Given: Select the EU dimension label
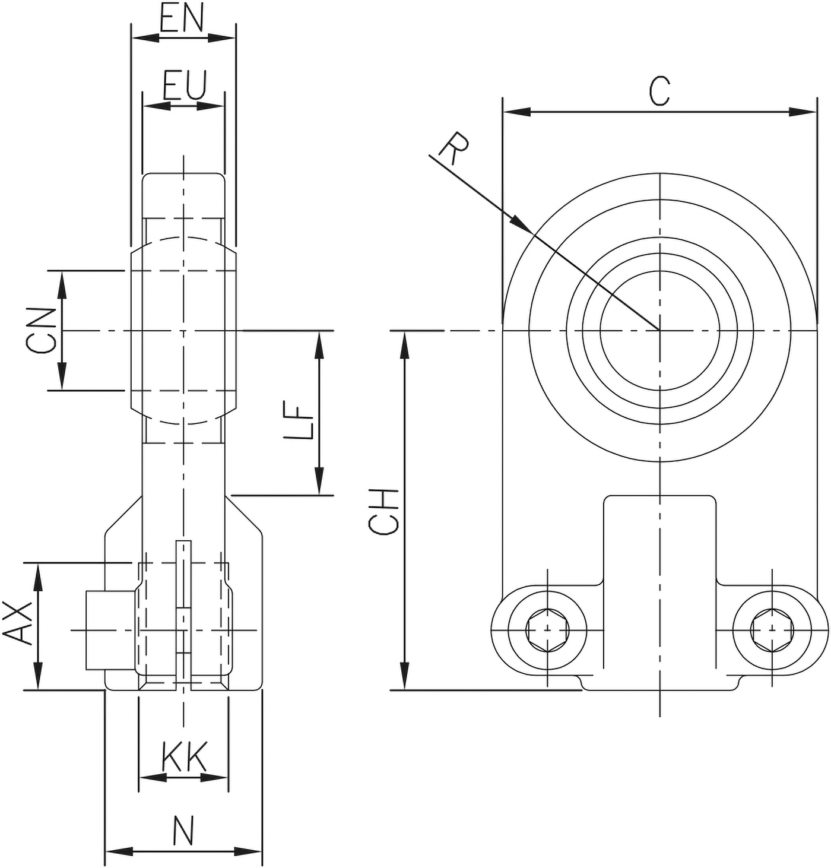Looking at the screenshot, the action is [x=185, y=85].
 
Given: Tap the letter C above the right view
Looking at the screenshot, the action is [x=659, y=91].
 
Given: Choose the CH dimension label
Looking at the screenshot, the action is [x=383, y=511].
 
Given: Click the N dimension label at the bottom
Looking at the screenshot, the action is [x=183, y=831].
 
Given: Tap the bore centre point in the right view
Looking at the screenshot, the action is [x=659, y=331].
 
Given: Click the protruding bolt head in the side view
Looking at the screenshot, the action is [x=110, y=631].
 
